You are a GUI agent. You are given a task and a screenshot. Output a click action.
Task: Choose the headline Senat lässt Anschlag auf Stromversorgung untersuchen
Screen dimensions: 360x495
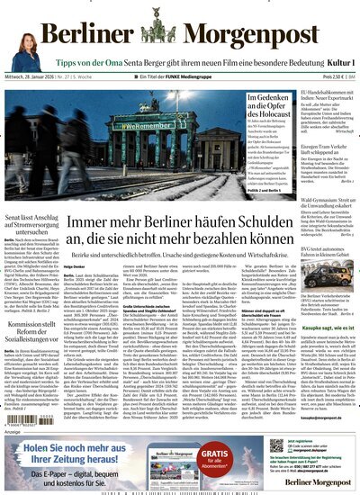tap(39, 217)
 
